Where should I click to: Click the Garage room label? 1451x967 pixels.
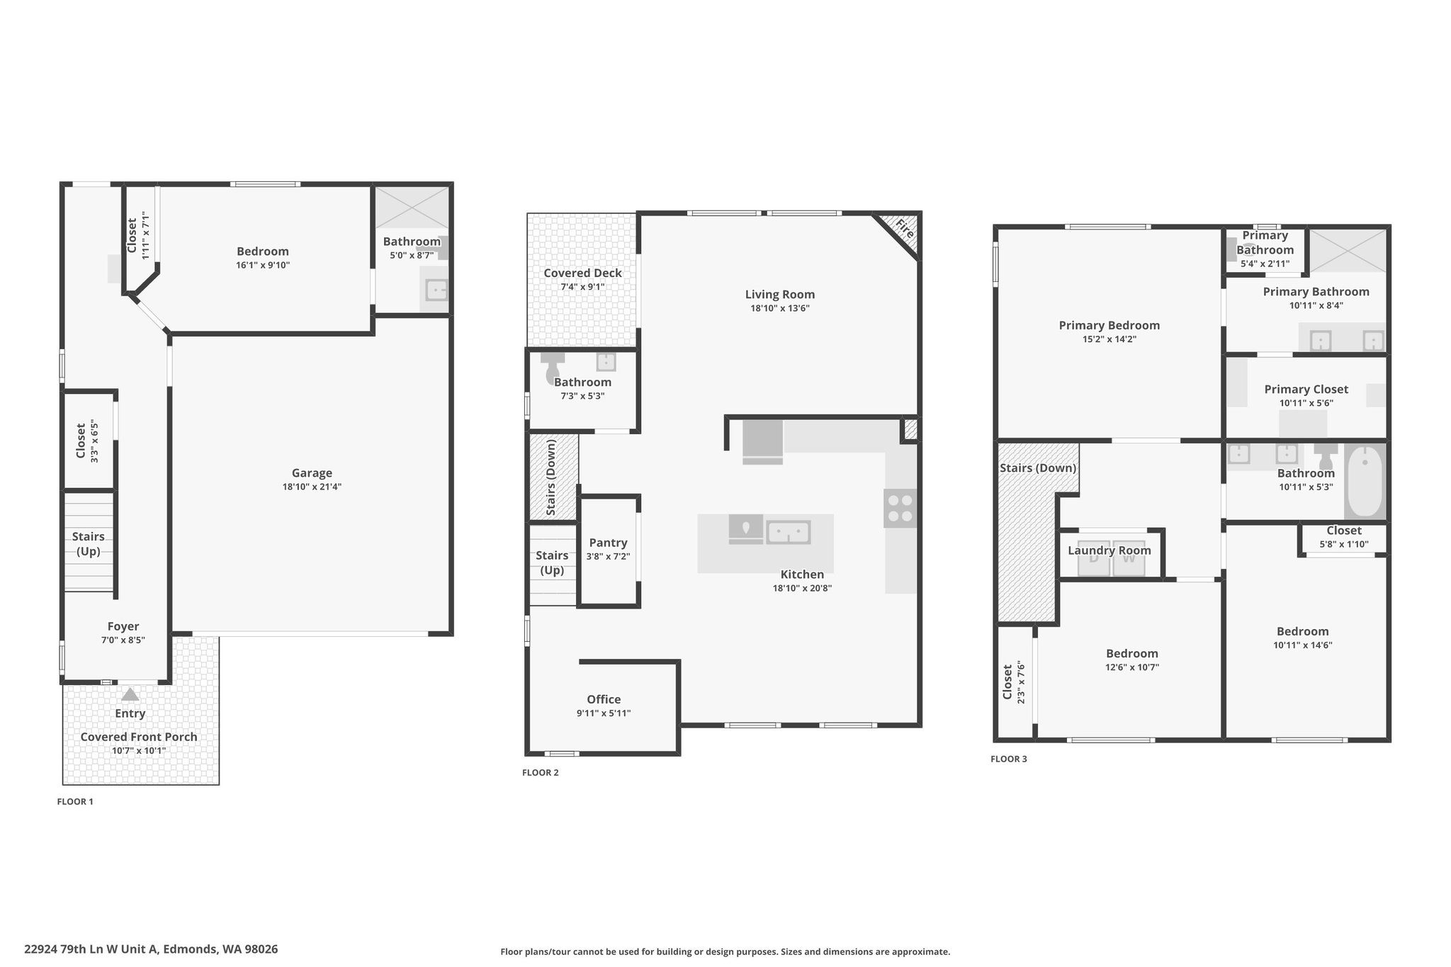(x=312, y=473)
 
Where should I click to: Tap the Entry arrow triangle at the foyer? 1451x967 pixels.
(x=130, y=694)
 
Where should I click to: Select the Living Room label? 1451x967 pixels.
(x=780, y=295)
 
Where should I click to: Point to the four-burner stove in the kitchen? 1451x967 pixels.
(x=900, y=508)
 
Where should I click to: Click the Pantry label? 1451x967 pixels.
(x=608, y=543)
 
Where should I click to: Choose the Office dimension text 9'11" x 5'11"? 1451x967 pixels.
(x=604, y=713)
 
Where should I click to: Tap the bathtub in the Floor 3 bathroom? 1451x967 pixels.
(x=1364, y=482)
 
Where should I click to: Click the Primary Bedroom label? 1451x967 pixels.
(x=1110, y=326)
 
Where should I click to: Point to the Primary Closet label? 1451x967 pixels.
(x=1306, y=390)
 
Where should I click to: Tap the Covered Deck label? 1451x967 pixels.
(x=582, y=273)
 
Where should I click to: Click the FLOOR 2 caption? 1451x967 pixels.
(x=541, y=773)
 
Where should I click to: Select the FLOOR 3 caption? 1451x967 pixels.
(x=1009, y=759)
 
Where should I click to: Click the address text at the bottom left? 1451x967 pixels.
(x=151, y=949)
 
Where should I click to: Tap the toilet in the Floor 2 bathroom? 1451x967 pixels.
(x=552, y=368)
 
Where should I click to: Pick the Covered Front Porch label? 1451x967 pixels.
(x=139, y=737)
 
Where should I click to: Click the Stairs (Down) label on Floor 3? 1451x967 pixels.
(x=1038, y=468)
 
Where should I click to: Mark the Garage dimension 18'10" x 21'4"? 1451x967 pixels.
(x=312, y=487)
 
